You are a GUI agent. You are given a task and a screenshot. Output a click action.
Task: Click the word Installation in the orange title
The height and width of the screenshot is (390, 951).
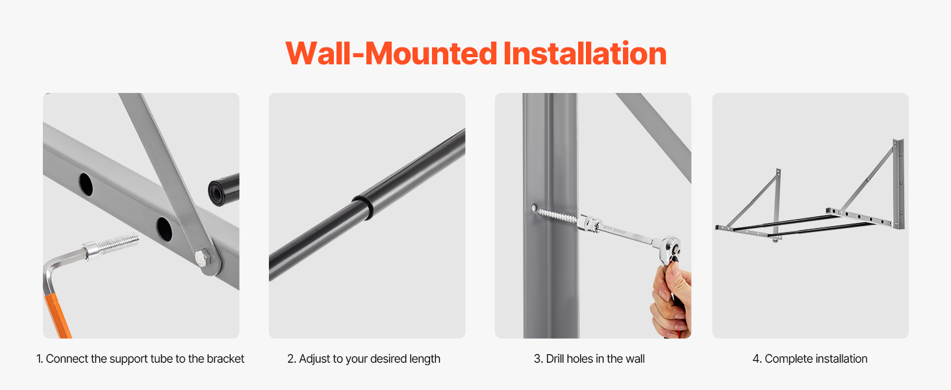point(585,53)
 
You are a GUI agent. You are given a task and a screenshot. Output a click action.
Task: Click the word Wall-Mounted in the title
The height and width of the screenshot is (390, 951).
point(391,53)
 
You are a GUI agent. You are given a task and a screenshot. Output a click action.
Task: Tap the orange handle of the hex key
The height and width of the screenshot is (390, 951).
point(58,316)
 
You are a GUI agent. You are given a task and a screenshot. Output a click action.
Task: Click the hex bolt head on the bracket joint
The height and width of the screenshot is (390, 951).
point(203,257)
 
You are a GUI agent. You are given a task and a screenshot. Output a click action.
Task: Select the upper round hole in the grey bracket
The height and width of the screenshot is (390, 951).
point(86,185)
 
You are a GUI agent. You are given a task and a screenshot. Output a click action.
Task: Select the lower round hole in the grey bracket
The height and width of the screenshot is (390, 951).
point(164,229)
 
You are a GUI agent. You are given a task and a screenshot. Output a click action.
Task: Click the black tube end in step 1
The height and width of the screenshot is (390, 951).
point(223,190)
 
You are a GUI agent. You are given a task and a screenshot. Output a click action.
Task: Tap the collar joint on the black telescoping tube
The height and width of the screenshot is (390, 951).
point(364,207)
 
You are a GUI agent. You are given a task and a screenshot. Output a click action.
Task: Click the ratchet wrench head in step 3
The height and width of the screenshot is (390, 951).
point(669,248)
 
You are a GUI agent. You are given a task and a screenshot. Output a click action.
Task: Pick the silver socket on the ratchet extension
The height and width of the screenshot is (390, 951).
point(589,222)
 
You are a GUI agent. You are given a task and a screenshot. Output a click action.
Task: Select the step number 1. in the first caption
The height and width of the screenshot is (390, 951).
point(40,359)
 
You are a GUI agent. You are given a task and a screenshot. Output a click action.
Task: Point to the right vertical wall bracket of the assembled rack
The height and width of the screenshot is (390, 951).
point(899,183)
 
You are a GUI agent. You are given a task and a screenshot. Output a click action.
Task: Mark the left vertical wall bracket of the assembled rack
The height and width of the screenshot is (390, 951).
point(778,205)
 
